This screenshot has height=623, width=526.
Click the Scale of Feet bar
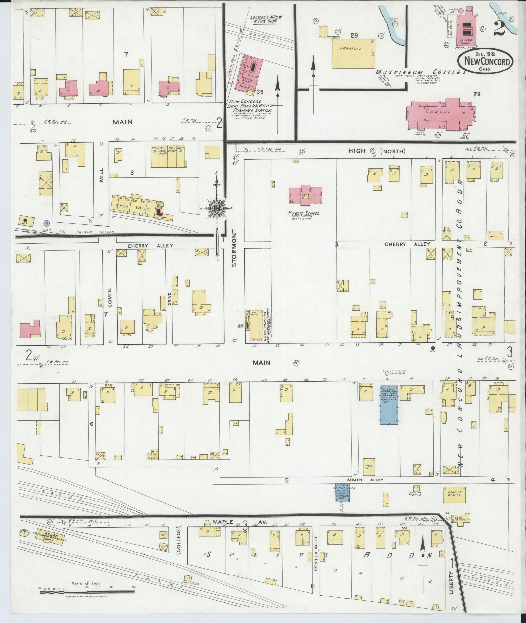click(x=87, y=592)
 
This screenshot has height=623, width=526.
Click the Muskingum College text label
click(x=420, y=72)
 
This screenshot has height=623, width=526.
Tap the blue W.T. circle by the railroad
click(x=46, y=223)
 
